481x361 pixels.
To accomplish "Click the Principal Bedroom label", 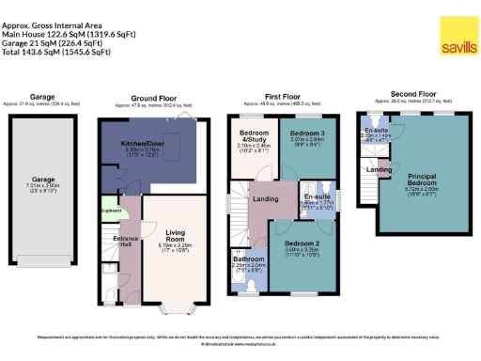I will [x=423, y=180].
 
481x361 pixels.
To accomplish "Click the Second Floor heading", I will [x=414, y=95].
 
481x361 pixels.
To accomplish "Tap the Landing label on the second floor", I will [x=379, y=169].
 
